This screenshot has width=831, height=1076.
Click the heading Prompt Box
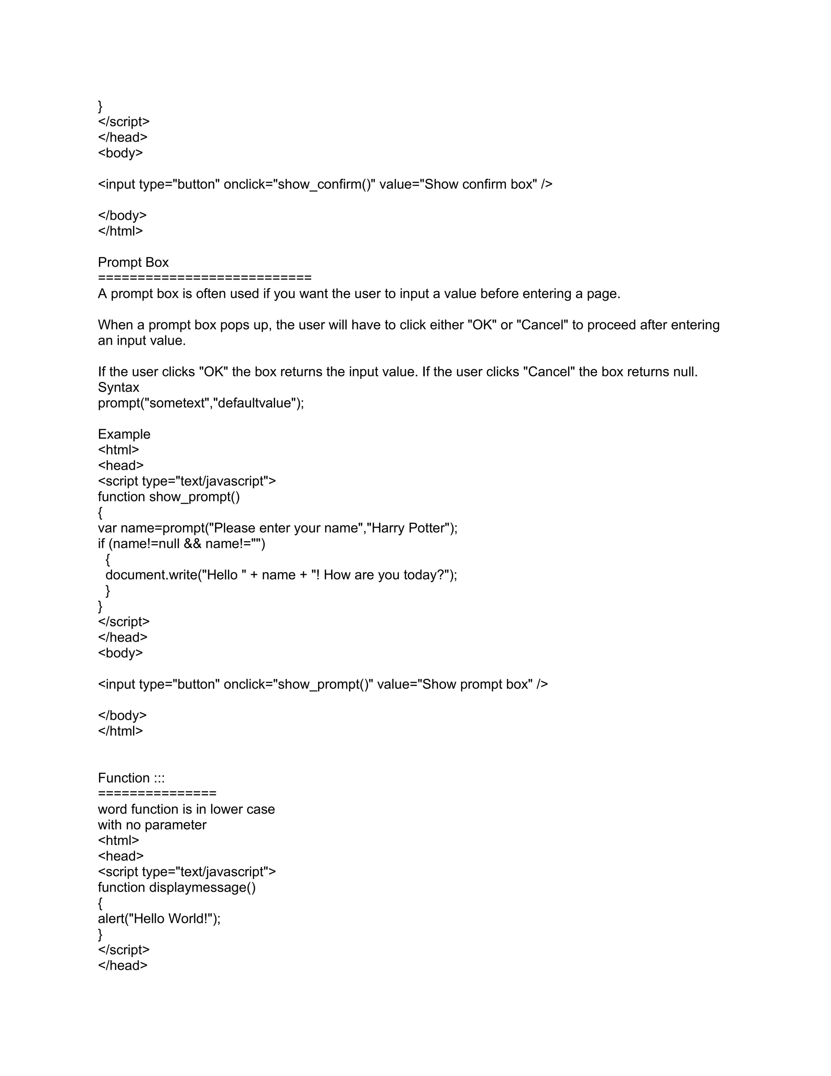pyautogui.click(x=133, y=263)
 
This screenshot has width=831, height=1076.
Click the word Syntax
pyautogui.click(x=118, y=387)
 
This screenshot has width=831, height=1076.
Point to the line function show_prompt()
pyautogui.click(x=168, y=497)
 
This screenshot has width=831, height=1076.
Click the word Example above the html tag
pyautogui.click(x=124, y=434)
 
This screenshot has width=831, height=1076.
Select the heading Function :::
pyautogui.click(x=131, y=778)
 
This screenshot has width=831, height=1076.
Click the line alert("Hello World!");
pyautogui.click(x=159, y=918)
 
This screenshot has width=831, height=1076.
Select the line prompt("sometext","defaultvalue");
pyautogui.click(x=201, y=403)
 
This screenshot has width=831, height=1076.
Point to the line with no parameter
pyautogui.click(x=152, y=825)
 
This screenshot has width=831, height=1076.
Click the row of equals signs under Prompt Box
pyautogui.click(x=205, y=278)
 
